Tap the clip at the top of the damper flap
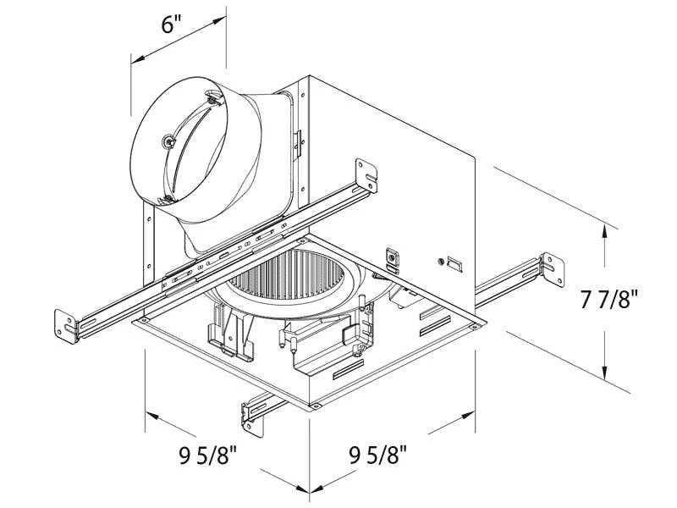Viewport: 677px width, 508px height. (x=210, y=100)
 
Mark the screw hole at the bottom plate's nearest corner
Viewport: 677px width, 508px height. (x=315, y=406)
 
